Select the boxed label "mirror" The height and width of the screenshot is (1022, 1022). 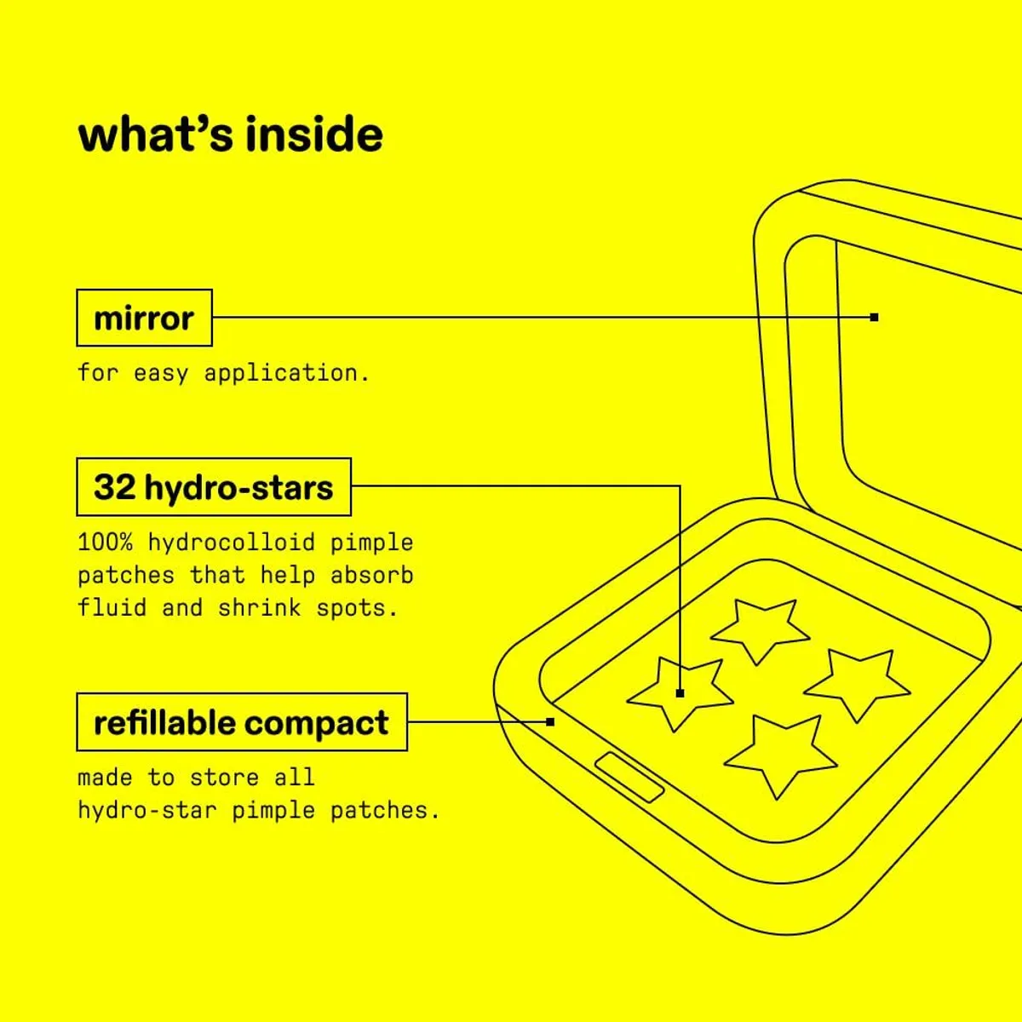144,318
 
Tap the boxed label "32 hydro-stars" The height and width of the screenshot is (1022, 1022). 213,487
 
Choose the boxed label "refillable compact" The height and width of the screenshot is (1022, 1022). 241,722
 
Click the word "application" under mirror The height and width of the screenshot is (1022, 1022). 281,373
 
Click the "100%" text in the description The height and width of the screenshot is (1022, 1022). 105,543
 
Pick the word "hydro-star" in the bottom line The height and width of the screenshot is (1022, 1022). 146,810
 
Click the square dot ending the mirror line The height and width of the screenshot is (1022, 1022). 874,318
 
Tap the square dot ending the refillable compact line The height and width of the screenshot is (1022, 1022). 550,722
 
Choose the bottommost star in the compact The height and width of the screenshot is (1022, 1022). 780,754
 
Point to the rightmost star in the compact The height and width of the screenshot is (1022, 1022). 858,681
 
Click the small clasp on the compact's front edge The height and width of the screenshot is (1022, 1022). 629,777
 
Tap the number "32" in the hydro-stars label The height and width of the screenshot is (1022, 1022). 115,487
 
